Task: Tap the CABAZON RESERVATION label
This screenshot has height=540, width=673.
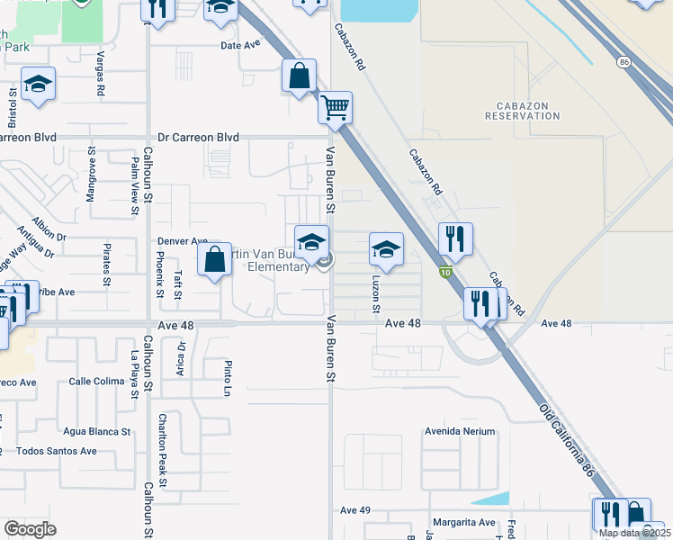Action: point(522,110)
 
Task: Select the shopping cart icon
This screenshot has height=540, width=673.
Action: point(336,108)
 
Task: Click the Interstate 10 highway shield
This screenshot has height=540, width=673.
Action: point(444,271)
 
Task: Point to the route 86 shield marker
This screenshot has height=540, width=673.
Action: point(624,62)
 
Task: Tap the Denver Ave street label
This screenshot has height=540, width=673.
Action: point(183,242)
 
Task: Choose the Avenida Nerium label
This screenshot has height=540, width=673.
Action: point(461,431)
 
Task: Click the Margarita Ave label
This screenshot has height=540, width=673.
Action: point(462,522)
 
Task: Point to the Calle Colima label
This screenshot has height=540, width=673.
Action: point(96,381)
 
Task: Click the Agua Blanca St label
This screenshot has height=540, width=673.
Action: point(96,431)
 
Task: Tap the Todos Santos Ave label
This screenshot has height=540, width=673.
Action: point(57,451)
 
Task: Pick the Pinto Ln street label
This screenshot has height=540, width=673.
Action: point(228,379)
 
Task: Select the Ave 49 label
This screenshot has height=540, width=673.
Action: point(355,510)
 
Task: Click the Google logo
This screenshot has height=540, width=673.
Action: point(30,529)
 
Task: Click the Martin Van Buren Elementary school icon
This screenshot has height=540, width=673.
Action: point(311,243)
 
